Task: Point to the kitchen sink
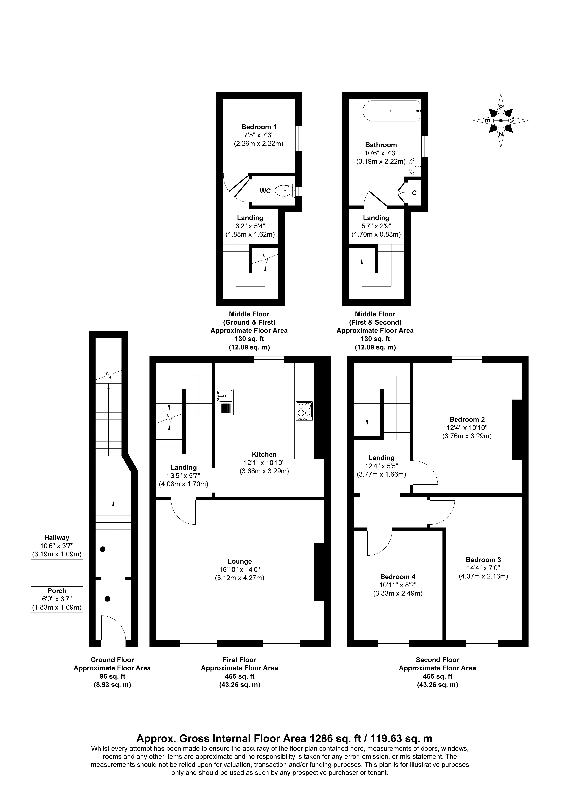pos(225,402)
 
